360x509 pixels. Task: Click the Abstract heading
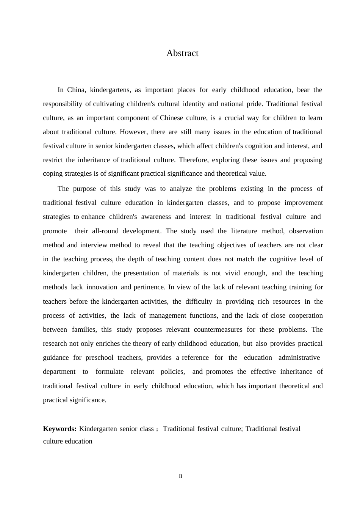(x=182, y=53)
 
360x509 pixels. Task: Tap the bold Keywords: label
(x=60, y=429)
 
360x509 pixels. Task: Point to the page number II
(x=180, y=476)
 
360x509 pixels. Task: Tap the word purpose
(x=85, y=189)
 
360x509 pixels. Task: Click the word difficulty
(x=199, y=301)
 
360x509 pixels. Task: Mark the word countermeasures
(x=218, y=329)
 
